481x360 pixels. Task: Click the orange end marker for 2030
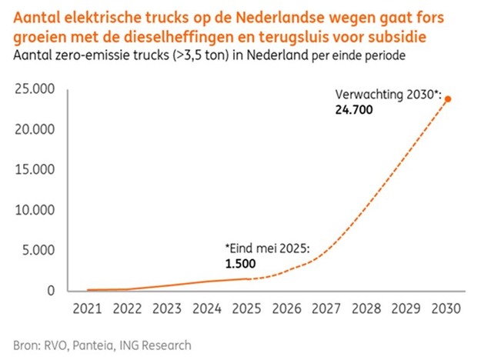click(448, 98)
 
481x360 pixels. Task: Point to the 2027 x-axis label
click(326, 310)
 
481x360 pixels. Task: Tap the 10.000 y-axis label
click(34, 210)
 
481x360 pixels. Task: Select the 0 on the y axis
click(51, 291)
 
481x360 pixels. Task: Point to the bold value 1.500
click(240, 264)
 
